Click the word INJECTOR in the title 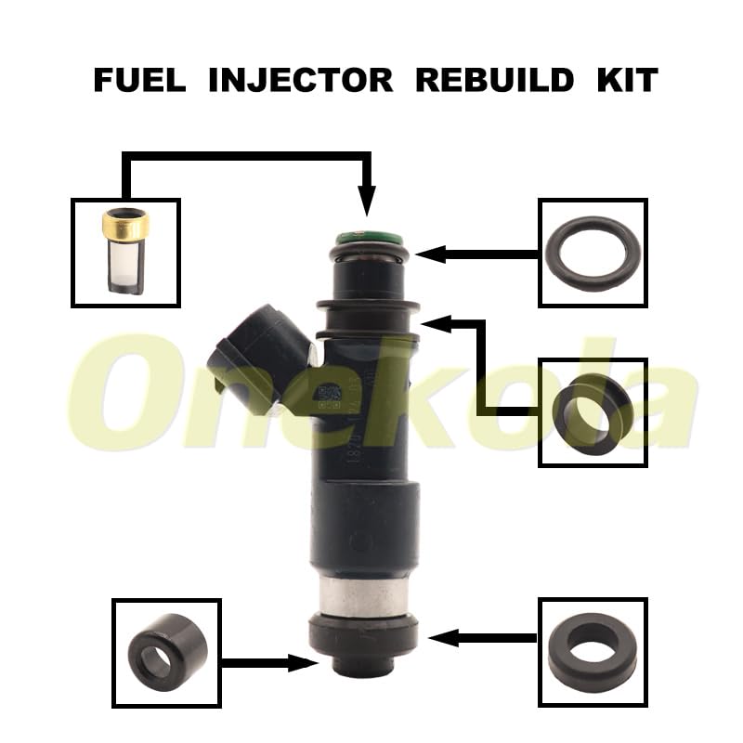[301, 80]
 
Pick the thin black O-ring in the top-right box [593, 252]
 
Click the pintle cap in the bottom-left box [165, 651]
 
